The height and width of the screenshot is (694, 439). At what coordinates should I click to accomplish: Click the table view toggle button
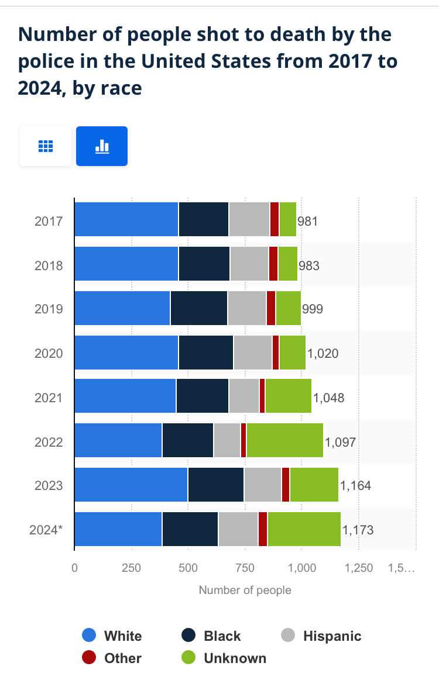coord(46,146)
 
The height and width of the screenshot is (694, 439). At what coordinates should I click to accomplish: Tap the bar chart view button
coord(102,146)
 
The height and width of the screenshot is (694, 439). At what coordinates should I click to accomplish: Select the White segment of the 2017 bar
coord(126,219)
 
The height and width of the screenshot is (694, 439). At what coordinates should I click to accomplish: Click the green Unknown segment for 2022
coord(284,440)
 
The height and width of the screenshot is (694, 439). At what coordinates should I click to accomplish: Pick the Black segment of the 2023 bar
coord(216,485)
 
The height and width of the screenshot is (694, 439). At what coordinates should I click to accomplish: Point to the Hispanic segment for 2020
coord(253,353)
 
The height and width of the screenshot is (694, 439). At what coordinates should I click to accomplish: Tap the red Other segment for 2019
coord(271,308)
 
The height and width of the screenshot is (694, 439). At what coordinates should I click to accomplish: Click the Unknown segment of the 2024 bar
coord(304,529)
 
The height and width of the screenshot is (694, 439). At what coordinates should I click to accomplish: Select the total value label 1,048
coord(328,398)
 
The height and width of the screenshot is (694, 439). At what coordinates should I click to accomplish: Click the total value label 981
coord(308,221)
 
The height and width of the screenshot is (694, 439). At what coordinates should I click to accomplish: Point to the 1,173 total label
coord(358,530)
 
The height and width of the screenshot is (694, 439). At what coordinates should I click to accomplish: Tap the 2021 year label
coord(49,398)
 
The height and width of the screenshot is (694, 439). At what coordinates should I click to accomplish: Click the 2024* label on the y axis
coord(46,530)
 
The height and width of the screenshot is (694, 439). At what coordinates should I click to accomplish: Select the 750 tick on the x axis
coord(245,568)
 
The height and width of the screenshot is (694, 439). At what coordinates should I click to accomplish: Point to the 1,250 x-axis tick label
coord(359,568)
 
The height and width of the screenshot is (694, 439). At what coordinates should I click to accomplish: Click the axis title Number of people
coord(245,590)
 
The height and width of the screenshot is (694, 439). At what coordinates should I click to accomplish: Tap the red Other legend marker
coord(89,658)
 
